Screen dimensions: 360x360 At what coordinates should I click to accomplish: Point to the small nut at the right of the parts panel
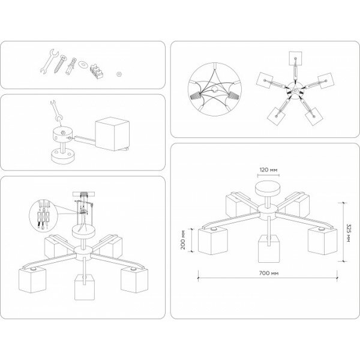(x=119, y=71)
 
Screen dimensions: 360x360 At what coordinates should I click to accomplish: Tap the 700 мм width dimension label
(x=269, y=272)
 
